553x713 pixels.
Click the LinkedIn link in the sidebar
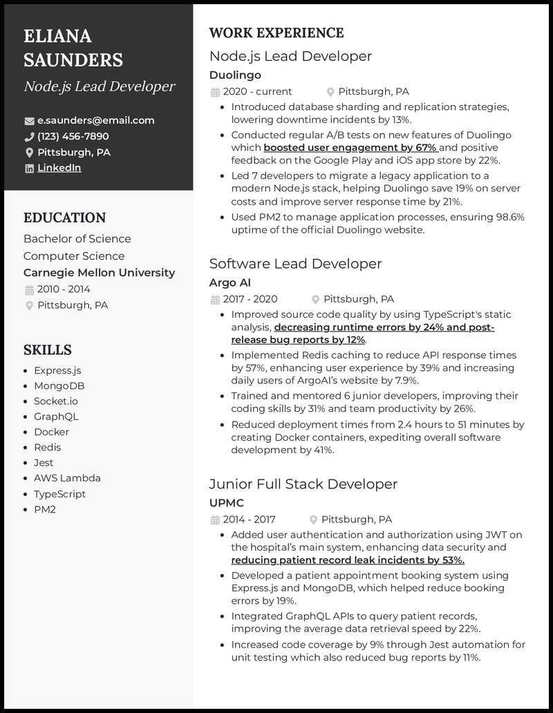(x=59, y=168)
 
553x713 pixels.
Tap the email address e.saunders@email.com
(x=95, y=120)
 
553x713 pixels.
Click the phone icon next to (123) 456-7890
(x=29, y=137)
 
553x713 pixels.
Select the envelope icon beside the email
(x=29, y=121)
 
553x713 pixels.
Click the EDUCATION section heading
(x=64, y=218)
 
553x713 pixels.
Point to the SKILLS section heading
(x=48, y=350)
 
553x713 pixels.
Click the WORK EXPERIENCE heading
(x=276, y=33)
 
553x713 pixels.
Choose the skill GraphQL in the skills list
(x=56, y=417)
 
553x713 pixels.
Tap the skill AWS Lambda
(x=67, y=478)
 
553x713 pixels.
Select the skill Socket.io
(x=56, y=401)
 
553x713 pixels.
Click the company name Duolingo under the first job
(x=235, y=75)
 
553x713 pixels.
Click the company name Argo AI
(x=229, y=283)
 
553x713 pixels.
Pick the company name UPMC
(x=226, y=503)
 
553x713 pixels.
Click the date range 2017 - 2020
(x=250, y=299)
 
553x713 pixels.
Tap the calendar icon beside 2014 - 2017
(x=215, y=520)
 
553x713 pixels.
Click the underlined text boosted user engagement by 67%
(x=350, y=148)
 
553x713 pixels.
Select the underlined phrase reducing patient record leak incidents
(x=347, y=560)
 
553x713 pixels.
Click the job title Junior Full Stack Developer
(x=304, y=484)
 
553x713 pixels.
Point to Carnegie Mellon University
(x=99, y=273)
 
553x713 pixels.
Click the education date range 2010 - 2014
(x=64, y=289)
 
